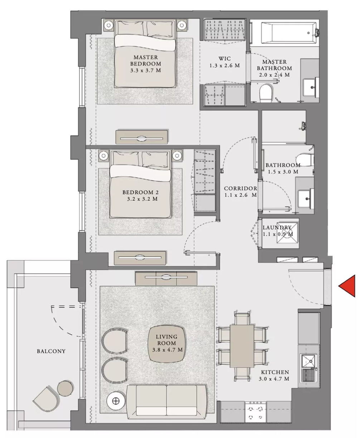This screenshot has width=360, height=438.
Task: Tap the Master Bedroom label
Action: (146, 60)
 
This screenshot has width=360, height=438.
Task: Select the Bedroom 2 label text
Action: (141, 192)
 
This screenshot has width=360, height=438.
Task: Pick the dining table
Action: (242, 346)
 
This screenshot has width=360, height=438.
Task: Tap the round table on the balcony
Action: (65, 388)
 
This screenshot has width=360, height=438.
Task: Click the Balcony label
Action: (51, 351)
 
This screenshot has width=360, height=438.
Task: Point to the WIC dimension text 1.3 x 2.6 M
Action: (224, 66)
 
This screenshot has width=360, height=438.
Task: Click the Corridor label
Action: (240, 188)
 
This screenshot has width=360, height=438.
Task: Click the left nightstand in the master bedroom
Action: (108, 25)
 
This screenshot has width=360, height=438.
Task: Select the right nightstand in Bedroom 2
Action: (177, 155)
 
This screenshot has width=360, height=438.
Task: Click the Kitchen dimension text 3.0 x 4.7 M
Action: (274, 379)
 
